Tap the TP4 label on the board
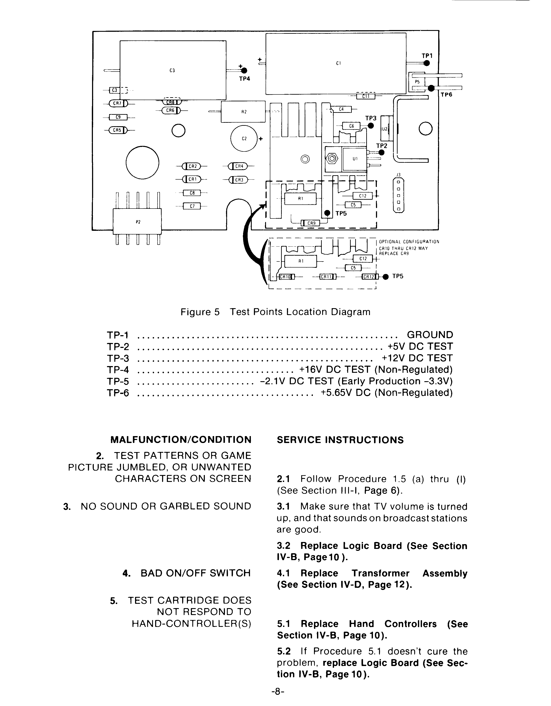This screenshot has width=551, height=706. [x=245, y=78]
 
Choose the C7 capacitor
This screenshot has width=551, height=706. [x=192, y=206]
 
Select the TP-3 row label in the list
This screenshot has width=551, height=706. [x=118, y=358]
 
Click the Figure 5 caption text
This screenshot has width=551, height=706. [x=275, y=312]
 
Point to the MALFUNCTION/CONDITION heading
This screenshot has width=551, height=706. [x=181, y=440]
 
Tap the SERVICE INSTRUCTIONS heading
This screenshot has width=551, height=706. [x=340, y=440]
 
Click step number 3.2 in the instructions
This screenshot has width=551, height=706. [x=283, y=546]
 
